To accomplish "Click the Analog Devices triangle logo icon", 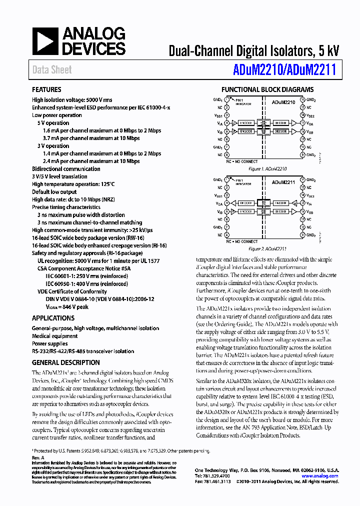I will click(45, 41).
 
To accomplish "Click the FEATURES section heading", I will click(46, 89).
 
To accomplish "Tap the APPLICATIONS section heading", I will click(53, 318).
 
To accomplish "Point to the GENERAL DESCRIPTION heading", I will click(66, 362).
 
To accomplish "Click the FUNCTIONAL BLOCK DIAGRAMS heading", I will click(267, 89).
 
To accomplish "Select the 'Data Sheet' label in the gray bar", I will click(52, 70).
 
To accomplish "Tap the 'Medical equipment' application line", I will click(54, 336).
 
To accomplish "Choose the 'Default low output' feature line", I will click(54, 192).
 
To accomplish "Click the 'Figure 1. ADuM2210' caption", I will click(267, 169).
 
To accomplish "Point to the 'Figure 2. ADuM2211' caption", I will click(267, 248).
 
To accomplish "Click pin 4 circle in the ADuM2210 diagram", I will click(227, 123).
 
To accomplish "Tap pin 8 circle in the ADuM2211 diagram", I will click(227, 234).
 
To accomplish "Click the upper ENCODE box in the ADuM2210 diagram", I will click(245, 123).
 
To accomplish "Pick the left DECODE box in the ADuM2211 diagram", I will click(245, 203).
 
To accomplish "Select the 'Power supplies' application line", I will click(49, 343).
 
